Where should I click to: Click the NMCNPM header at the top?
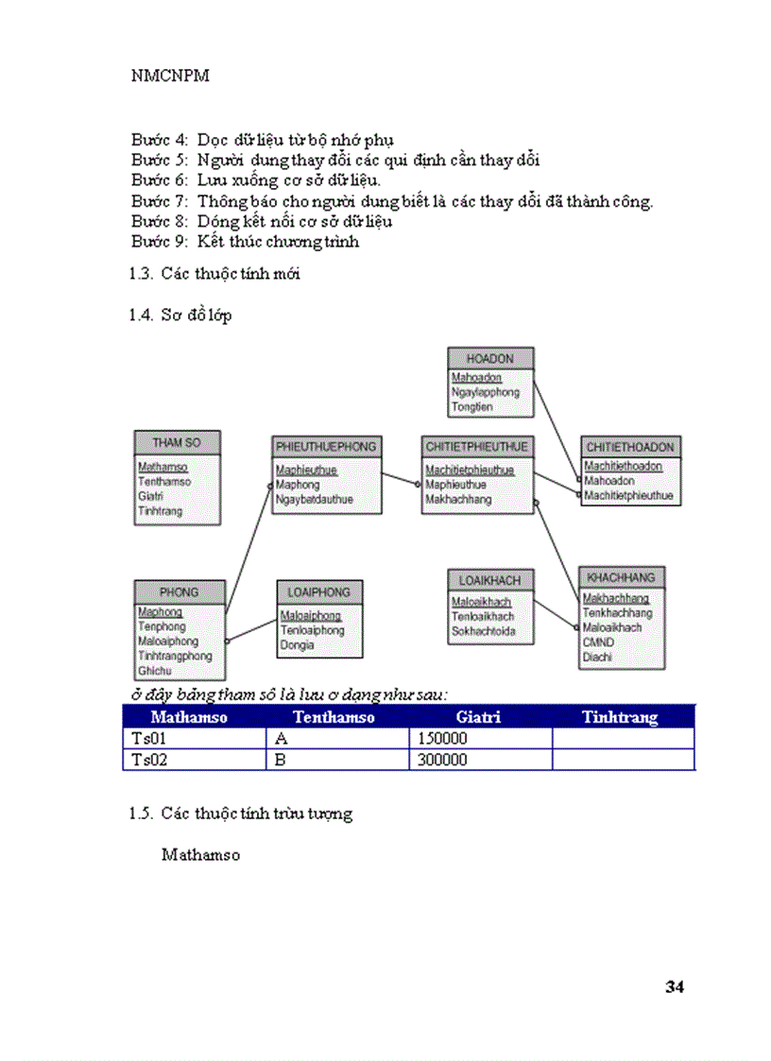tap(170, 77)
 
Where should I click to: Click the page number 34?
tap(674, 987)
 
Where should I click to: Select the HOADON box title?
tap(490, 359)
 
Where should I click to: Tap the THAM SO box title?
tap(178, 442)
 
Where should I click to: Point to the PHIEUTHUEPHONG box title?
tap(326, 446)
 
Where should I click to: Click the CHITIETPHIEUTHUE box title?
tap(477, 446)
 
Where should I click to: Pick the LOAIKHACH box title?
tap(490, 580)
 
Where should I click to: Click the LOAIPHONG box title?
tap(319, 592)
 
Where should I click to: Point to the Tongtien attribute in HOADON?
tap(471, 407)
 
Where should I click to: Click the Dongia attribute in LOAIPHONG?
tap(297, 645)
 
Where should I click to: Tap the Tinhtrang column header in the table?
tap(620, 718)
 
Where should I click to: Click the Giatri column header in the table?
tap(477, 718)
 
